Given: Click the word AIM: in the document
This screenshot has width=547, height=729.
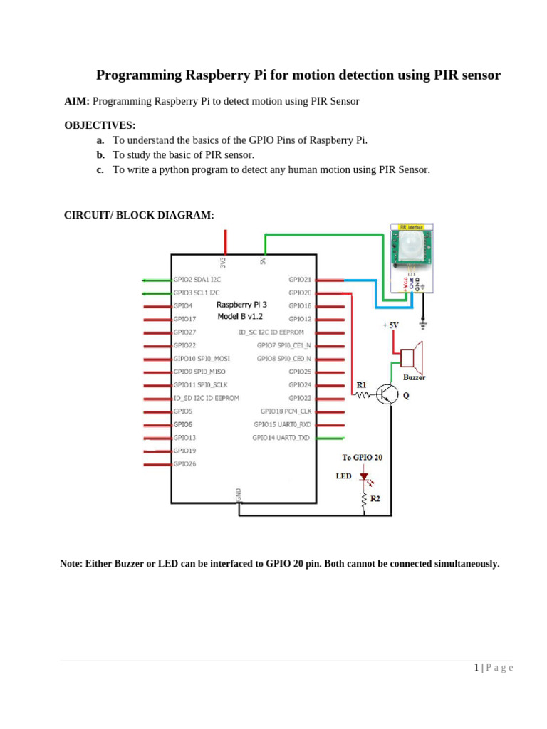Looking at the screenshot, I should (77, 101).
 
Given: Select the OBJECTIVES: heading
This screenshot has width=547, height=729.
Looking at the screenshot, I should (100, 125).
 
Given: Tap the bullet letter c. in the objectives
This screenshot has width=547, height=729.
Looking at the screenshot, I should (100, 169).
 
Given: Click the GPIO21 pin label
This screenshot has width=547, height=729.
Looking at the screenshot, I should (300, 280).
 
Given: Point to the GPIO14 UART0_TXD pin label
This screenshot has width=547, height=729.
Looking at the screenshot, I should (281, 438).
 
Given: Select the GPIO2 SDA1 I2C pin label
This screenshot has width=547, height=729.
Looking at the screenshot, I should (197, 280).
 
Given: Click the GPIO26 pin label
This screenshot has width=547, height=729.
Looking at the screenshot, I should (184, 464).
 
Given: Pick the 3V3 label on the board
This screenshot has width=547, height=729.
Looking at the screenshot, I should (223, 262).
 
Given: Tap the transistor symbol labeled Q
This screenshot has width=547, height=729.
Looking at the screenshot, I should (387, 394).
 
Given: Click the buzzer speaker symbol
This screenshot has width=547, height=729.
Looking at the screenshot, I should (412, 357).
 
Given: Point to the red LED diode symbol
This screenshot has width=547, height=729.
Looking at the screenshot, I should (364, 476).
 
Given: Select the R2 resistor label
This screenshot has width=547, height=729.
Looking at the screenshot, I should (375, 499).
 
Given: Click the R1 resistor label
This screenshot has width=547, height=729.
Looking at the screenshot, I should (361, 385).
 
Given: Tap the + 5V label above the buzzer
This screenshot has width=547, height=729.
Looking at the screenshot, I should (390, 325).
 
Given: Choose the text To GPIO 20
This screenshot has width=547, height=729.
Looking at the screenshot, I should (362, 458).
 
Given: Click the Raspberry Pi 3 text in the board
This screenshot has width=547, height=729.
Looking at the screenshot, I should (241, 305).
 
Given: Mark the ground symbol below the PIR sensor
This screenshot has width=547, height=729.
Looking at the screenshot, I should (423, 324).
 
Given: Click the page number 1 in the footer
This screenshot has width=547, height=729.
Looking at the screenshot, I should (476, 668).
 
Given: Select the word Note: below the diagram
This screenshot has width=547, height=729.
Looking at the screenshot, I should (71, 564).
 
